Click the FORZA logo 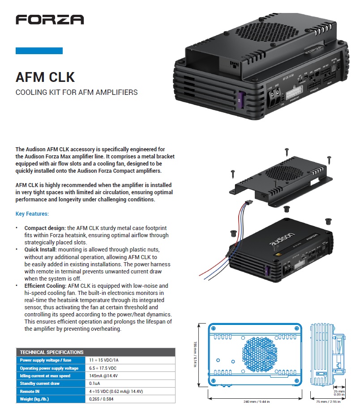[x=49, y=19]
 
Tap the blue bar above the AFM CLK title [x=39, y=51]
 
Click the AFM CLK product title [x=45, y=77]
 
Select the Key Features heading [x=32, y=214]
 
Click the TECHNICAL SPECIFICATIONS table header [x=51, y=352]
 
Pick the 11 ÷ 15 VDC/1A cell [x=104, y=360]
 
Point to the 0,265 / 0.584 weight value [x=102, y=399]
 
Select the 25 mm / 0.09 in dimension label [x=339, y=392]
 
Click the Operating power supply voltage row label [x=49, y=368]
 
